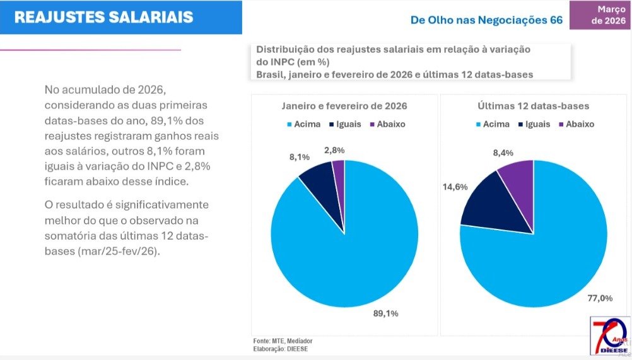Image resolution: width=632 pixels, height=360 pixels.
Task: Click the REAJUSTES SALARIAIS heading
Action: coord(103,17)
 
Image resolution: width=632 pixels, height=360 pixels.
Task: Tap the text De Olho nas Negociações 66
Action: coord(486,20)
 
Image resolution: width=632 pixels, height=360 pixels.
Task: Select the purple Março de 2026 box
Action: coord(600,15)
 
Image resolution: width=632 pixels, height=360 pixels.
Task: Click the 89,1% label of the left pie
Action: coord(386,313)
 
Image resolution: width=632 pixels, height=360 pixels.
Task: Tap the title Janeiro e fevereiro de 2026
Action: coord(344,106)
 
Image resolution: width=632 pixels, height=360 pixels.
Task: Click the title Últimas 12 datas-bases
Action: coord(533,106)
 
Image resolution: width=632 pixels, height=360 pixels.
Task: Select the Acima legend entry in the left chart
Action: coord(303,124)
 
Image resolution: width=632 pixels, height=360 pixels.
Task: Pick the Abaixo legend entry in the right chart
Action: coord(575,124)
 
